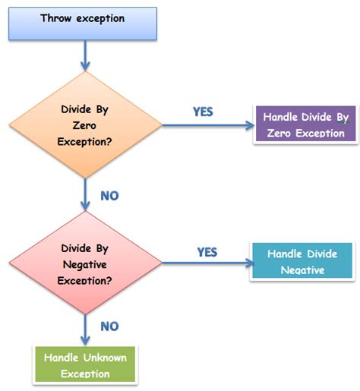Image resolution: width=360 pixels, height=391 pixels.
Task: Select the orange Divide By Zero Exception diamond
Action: [x=85, y=125]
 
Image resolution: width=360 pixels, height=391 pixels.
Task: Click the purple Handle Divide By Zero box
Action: [x=305, y=125]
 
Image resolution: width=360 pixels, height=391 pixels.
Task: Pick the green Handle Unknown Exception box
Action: [x=85, y=364]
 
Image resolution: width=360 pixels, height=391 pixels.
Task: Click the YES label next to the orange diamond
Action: [x=203, y=111]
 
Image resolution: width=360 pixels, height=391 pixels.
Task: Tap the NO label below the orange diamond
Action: [x=109, y=196]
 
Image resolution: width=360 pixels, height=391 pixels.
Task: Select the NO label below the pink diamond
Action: [x=109, y=326]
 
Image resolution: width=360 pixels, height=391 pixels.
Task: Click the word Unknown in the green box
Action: [x=107, y=357]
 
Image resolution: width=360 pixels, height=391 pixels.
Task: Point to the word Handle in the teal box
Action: [x=278, y=254]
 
